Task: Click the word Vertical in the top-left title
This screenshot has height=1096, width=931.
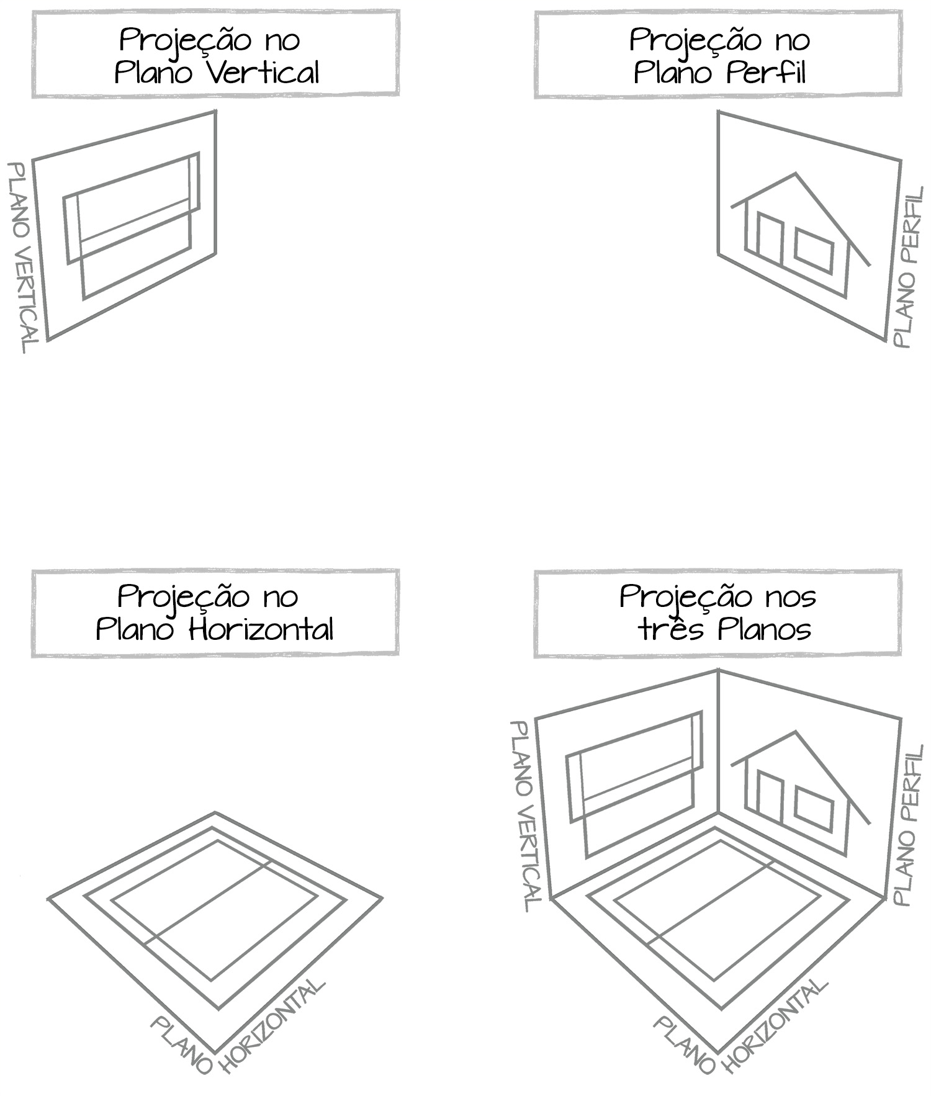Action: pos(263,73)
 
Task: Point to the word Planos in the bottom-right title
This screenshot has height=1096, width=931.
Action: pos(765,629)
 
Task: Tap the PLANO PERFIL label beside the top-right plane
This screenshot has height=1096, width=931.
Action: pos(909,268)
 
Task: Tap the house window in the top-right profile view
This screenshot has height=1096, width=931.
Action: pos(814,251)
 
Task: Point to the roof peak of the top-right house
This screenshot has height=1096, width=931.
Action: pos(796,174)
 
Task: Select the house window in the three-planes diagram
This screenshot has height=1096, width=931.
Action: pos(814,809)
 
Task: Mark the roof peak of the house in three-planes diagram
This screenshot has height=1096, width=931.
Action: pos(796,732)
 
